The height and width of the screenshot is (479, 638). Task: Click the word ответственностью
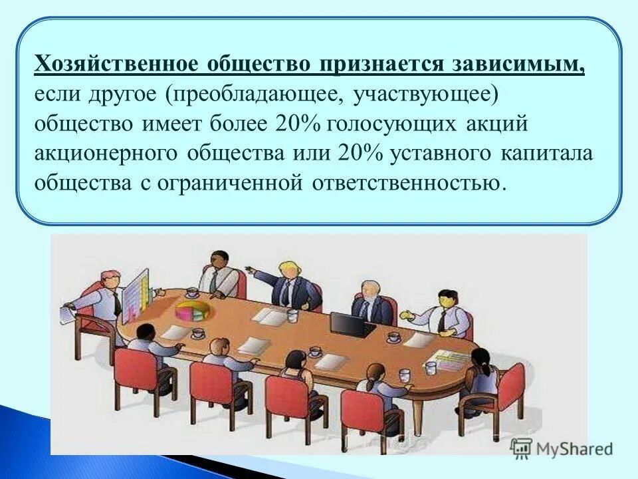coord(405,182)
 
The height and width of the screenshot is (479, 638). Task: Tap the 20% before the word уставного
coord(360,153)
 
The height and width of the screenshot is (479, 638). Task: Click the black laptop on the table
coord(348,325)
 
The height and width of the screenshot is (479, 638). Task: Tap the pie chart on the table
coord(193,310)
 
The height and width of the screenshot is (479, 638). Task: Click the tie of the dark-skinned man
coord(213,282)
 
